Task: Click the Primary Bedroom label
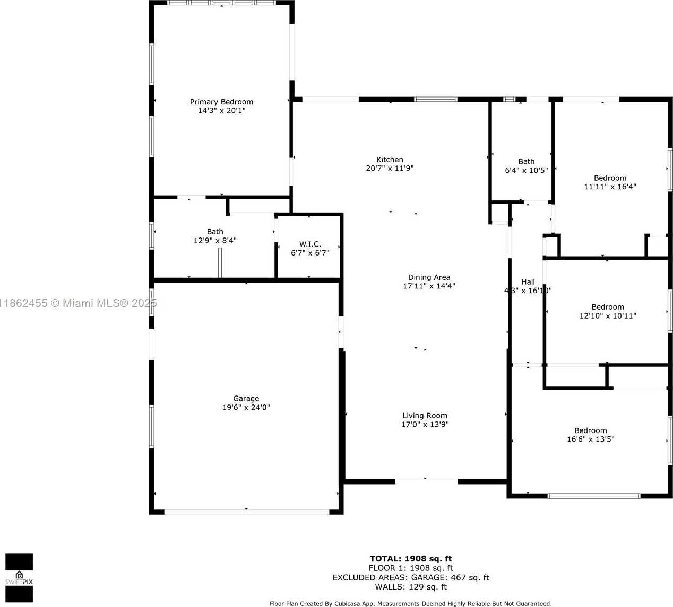click(x=221, y=102)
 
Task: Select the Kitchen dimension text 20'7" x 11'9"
click(x=390, y=169)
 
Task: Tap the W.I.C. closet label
click(x=310, y=244)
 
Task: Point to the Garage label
click(x=246, y=399)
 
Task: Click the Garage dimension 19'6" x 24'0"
click(x=246, y=408)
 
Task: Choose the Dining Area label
click(x=429, y=277)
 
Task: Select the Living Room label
click(x=425, y=416)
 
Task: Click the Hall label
click(x=528, y=282)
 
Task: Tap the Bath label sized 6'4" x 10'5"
click(x=526, y=162)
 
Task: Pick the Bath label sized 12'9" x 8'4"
click(x=215, y=232)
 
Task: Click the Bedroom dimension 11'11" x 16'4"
click(x=610, y=187)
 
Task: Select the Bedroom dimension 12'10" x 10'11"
click(x=607, y=316)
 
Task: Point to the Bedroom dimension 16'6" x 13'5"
click(x=590, y=439)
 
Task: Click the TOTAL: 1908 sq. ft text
click(x=411, y=559)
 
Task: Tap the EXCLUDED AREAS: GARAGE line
click(x=411, y=578)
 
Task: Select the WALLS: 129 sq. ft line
click(x=411, y=587)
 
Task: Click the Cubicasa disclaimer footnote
click(x=410, y=603)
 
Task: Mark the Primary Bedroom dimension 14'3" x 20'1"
click(x=221, y=111)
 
